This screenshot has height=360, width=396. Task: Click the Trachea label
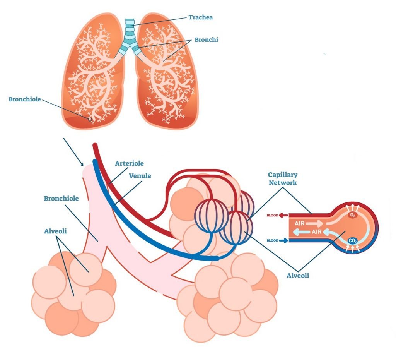click(200, 17)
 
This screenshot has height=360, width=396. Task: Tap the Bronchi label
click(206, 40)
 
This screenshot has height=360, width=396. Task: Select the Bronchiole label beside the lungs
click(25, 99)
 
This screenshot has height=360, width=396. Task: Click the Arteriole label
click(129, 164)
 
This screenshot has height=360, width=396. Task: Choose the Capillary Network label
click(283, 178)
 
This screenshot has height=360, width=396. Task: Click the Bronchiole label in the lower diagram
click(61, 199)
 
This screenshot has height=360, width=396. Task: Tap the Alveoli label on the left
click(56, 231)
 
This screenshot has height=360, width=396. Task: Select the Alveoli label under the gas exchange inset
click(297, 276)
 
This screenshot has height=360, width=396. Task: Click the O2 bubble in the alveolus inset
click(352, 215)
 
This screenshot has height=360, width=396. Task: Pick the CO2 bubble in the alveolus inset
click(352, 241)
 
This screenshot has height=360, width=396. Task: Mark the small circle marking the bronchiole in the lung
click(90, 120)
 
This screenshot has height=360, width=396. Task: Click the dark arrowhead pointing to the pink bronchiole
click(82, 165)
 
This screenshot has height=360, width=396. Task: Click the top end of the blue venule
click(94, 162)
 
